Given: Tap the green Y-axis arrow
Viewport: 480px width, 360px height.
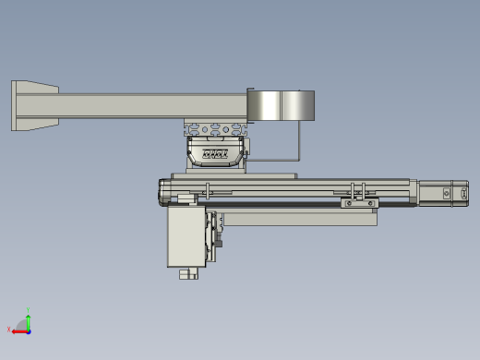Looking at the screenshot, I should click(29, 319).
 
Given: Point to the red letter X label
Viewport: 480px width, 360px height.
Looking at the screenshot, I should click(9, 330).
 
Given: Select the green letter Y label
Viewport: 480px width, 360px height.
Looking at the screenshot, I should click(29, 310).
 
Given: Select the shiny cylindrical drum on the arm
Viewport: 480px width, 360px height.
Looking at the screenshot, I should click(281, 105).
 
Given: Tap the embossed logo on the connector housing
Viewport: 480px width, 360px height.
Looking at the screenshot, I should click(215, 154).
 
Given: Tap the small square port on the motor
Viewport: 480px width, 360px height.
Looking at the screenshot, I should click(447, 193).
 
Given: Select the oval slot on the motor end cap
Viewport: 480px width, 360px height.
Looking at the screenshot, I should click(461, 194).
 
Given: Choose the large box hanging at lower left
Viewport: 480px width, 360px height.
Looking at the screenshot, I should click(185, 236).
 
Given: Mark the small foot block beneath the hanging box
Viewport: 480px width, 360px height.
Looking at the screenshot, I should click(189, 273).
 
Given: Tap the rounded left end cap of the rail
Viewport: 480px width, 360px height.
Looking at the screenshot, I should click(163, 192).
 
